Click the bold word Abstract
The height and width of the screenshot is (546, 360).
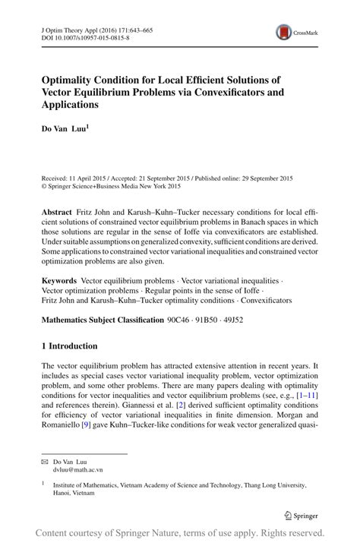[59, 210]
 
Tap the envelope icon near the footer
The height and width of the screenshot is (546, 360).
[45, 461]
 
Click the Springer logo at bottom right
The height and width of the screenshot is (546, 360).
[300, 515]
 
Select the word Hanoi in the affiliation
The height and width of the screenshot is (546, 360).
[62, 491]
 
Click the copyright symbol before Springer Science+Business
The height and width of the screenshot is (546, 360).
[43, 185]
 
